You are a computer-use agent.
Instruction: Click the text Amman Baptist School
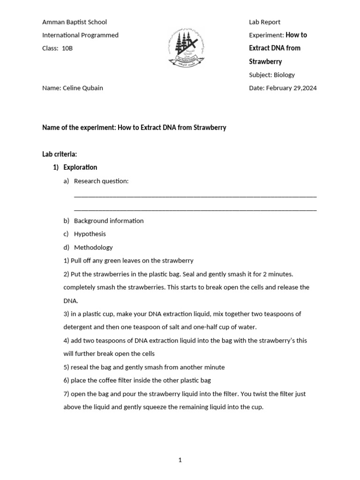(x=75, y=22)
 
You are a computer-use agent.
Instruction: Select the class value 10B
(x=67, y=48)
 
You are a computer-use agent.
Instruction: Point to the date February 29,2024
(x=291, y=88)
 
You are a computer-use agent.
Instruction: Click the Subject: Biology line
(x=272, y=75)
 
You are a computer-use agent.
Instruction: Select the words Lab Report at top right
(x=264, y=22)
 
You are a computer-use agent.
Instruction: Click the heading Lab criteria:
(x=60, y=154)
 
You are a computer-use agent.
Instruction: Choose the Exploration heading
(x=80, y=167)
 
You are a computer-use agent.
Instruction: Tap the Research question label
(x=101, y=181)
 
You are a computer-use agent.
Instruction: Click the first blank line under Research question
(x=195, y=196)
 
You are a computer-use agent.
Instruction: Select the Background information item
(x=109, y=221)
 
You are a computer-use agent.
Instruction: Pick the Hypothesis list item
(x=90, y=234)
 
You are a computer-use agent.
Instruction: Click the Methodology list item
(x=93, y=247)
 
